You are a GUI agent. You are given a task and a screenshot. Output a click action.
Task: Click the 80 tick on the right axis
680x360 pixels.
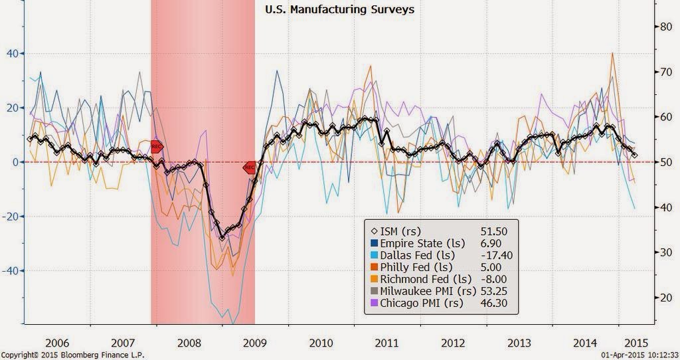tap(664, 27)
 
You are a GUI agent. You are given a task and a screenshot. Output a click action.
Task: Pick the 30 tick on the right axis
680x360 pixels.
tap(664, 252)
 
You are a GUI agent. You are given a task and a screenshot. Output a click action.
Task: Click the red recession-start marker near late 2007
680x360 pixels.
tap(156, 146)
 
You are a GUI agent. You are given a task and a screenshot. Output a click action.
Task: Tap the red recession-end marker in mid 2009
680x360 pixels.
tap(250, 168)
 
